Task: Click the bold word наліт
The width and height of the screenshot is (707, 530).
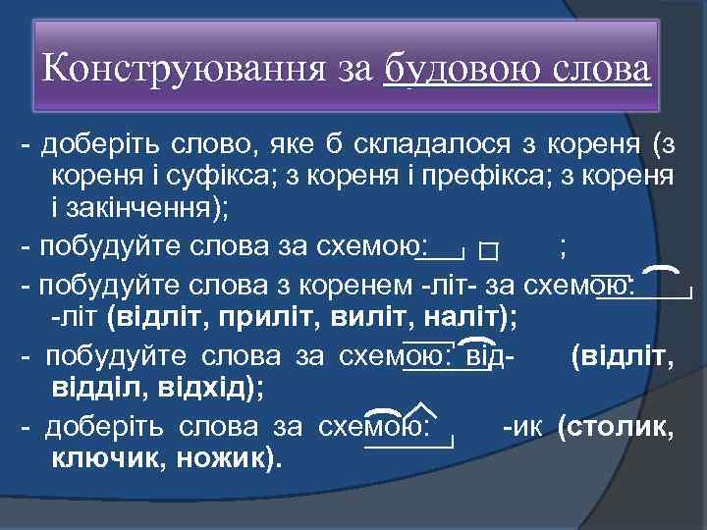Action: (x=464, y=318)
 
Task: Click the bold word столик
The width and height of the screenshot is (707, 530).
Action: (x=625, y=428)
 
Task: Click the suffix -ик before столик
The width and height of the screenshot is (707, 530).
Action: (x=520, y=428)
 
